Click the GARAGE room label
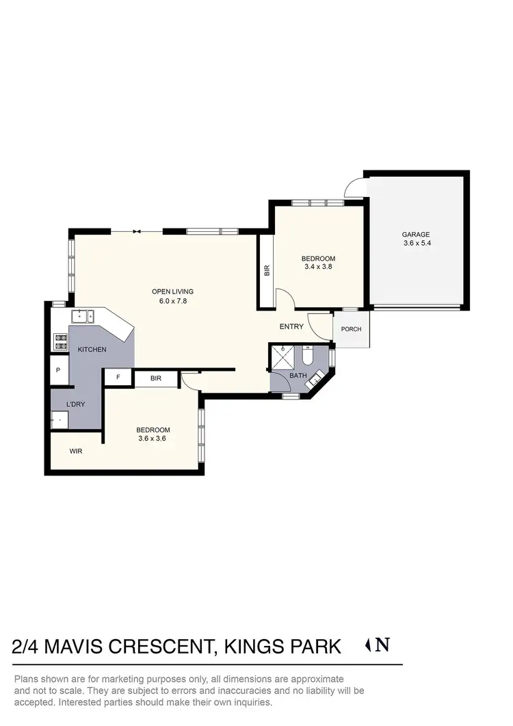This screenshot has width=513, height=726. tap(417, 234)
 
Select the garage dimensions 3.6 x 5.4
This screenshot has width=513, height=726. tap(417, 243)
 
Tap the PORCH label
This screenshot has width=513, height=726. tap(351, 329)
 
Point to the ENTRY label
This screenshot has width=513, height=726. tap(291, 326)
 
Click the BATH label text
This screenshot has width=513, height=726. tap(298, 376)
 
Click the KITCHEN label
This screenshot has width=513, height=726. tap(92, 350)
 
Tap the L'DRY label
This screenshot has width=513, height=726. tap(75, 404)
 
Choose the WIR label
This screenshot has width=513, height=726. tap(75, 452)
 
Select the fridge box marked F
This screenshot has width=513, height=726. tap(118, 378)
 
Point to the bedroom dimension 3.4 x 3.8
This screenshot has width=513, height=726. tap(318, 267)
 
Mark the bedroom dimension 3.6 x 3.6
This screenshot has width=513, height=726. tap(153, 439)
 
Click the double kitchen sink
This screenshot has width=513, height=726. tap(83, 316)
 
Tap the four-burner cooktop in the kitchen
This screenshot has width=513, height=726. tap(60, 341)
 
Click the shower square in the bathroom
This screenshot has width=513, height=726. tap(282, 356)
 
